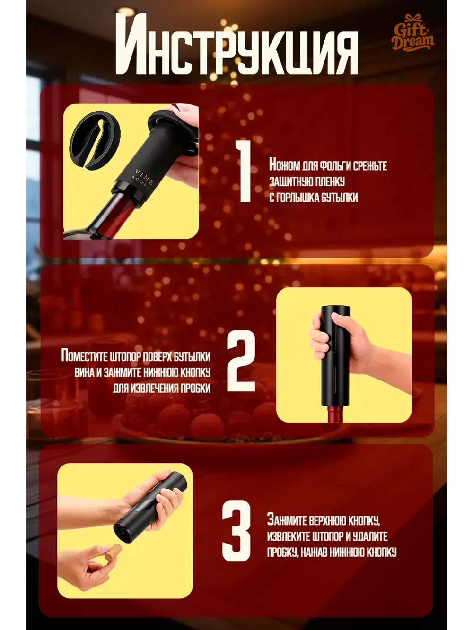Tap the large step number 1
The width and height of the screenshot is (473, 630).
tap(243, 172)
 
